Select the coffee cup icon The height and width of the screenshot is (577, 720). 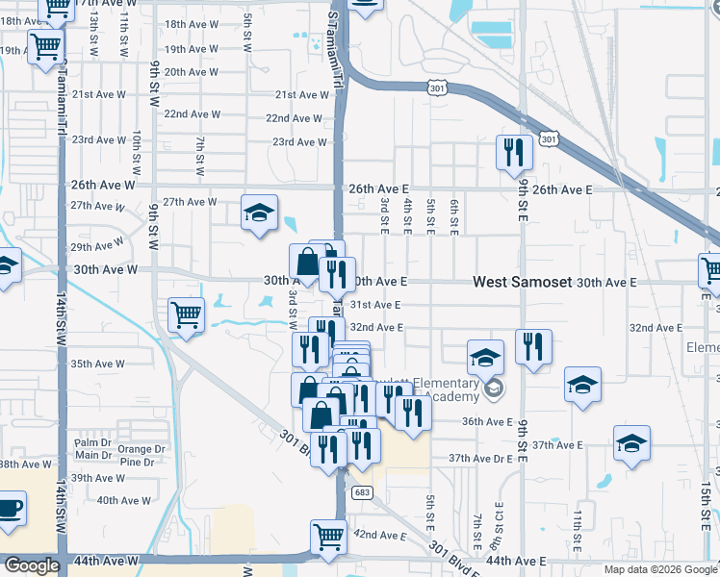click(9, 508)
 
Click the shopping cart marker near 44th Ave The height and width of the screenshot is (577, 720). click(328, 538)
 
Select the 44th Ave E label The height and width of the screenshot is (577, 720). click(516, 561)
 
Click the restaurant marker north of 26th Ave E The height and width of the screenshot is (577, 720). click(513, 151)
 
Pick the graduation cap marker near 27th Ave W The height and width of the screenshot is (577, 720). click(259, 213)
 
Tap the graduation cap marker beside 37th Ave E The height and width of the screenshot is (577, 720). click(631, 443)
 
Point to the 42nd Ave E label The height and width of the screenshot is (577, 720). click(380, 534)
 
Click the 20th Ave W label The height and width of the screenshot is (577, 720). click(190, 71)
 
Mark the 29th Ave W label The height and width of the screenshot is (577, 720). click(93, 247)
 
